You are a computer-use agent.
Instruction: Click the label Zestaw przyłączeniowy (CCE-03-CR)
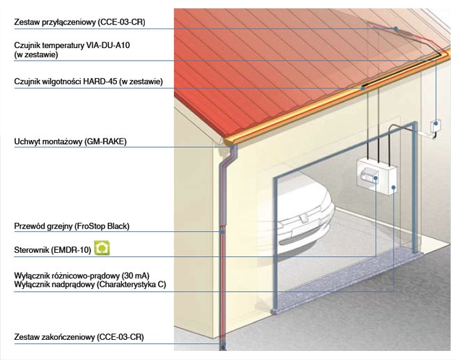(x=79, y=22)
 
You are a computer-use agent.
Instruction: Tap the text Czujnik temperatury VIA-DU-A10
(x=72, y=45)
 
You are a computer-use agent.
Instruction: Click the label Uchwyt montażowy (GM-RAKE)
(x=70, y=141)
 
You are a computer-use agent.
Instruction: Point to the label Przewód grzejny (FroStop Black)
(x=72, y=226)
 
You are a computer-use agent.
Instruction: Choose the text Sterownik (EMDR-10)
(x=53, y=250)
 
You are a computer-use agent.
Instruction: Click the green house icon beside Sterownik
(x=102, y=248)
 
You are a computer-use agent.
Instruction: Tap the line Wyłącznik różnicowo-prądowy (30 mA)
(x=81, y=276)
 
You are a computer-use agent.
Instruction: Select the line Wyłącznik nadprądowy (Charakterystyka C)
(x=90, y=285)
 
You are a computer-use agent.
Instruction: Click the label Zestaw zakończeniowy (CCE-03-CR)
(x=79, y=337)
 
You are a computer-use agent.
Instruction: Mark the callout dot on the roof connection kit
(x=396, y=29)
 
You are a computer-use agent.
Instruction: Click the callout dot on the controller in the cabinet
(x=375, y=178)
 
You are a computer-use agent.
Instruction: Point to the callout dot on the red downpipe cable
(x=223, y=232)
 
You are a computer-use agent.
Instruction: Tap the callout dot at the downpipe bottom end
(x=224, y=345)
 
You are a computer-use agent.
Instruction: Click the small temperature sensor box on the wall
(x=435, y=127)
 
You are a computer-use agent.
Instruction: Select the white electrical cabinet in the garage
(x=377, y=175)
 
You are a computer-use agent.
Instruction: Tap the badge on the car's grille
(x=301, y=218)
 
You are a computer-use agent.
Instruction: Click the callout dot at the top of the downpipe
(x=233, y=147)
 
